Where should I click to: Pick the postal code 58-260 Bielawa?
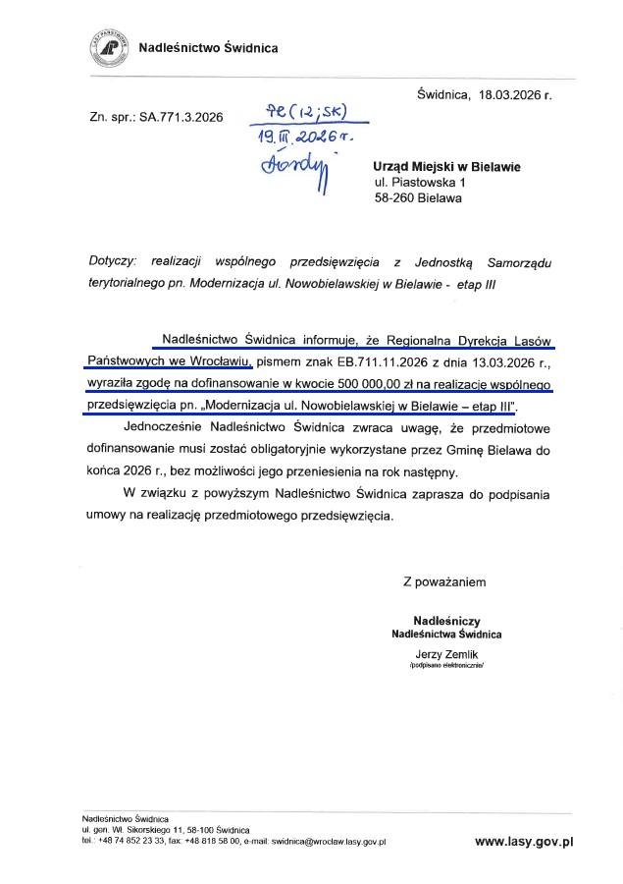click(x=418, y=197)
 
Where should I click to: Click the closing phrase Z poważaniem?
click(x=444, y=581)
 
